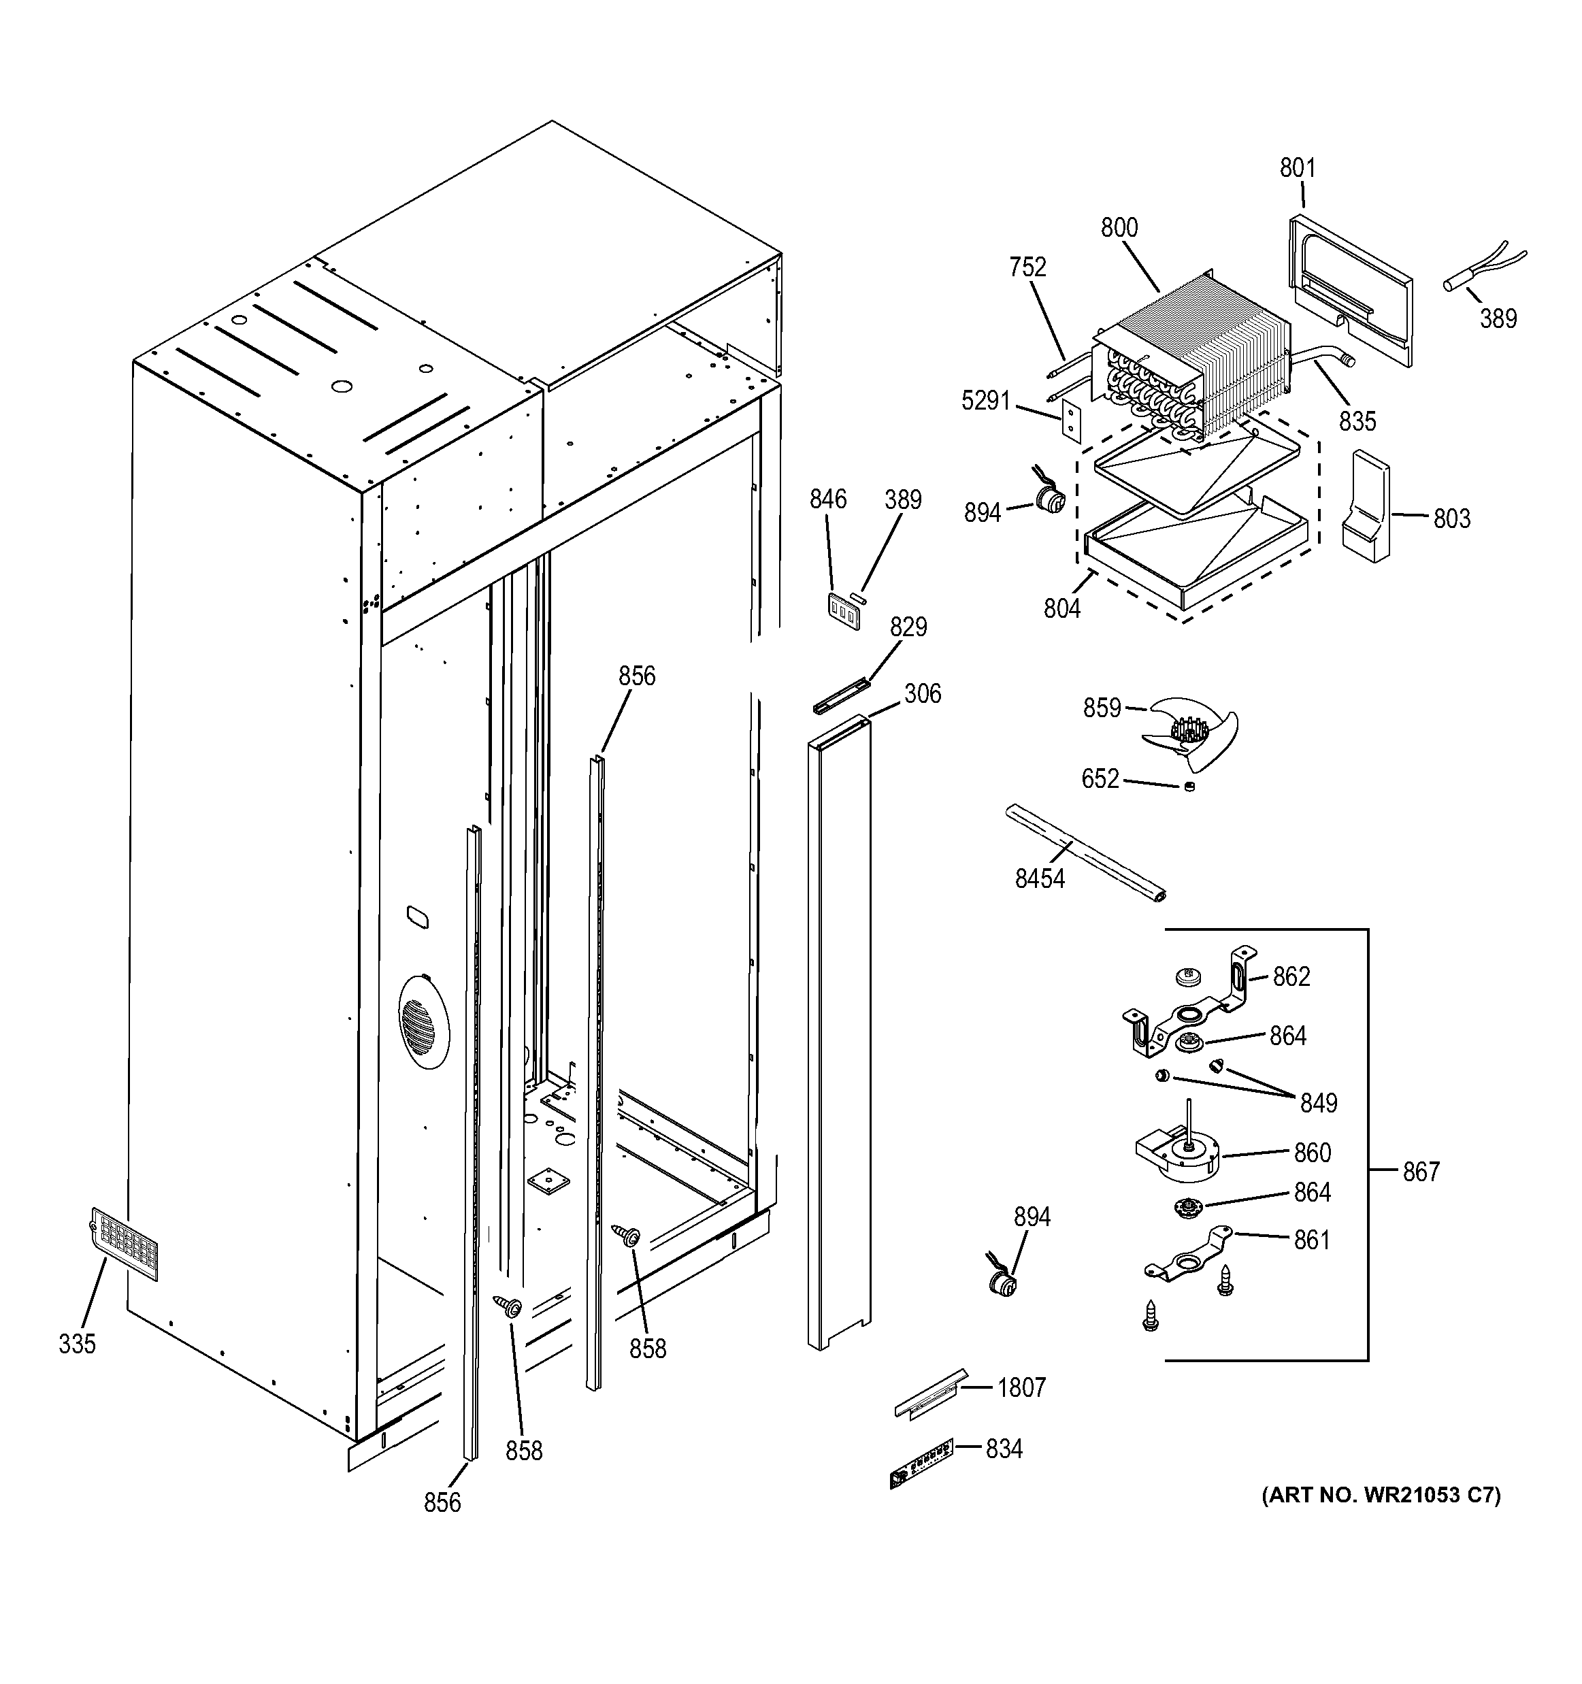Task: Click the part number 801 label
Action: [x=1297, y=169]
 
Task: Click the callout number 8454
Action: [x=1039, y=878]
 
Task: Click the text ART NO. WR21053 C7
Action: [x=1381, y=1519]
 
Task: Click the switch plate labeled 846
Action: [x=844, y=612]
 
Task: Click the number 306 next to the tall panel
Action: [x=921, y=694]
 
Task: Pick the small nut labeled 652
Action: [x=1189, y=787]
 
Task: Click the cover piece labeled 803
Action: [x=1365, y=508]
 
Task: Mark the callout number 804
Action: [x=1061, y=608]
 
